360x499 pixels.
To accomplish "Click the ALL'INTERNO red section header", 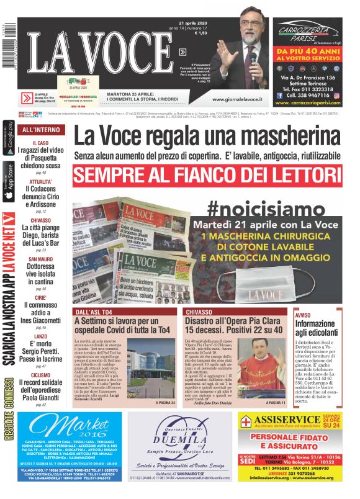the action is (41, 130).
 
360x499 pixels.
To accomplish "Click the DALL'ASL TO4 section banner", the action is (94, 311).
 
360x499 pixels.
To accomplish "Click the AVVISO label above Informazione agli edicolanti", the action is (303, 315).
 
